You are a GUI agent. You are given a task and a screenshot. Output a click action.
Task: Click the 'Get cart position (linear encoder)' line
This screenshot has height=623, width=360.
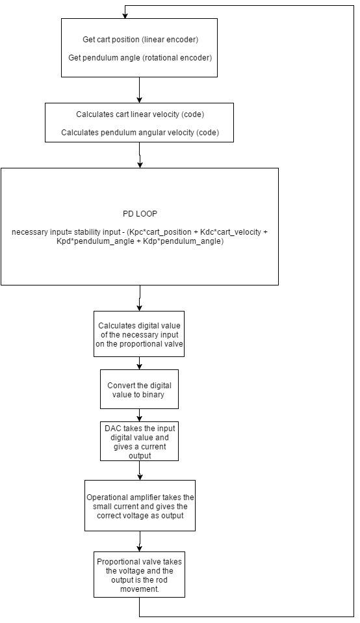(x=140, y=39)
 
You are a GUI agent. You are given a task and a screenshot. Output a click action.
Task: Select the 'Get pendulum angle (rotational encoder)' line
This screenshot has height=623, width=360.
(x=140, y=58)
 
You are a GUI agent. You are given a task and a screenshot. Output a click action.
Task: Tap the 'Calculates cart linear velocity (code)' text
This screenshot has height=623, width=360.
(x=140, y=114)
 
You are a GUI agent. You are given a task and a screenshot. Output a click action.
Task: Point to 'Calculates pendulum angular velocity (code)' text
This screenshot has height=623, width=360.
(x=140, y=133)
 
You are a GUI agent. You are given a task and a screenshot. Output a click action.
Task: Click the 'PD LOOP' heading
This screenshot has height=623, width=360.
(x=140, y=214)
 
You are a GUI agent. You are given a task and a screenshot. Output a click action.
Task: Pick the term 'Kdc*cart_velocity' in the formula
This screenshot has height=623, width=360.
(x=230, y=232)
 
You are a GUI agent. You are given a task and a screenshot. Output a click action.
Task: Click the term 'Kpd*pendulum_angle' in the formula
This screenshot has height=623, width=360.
(x=96, y=241)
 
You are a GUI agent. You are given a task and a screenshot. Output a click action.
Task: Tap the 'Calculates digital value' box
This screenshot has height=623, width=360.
(x=139, y=334)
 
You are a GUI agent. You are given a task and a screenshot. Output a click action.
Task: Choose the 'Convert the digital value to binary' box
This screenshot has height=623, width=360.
(x=139, y=390)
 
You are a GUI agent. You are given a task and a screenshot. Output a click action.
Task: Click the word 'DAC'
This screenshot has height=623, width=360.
(x=112, y=429)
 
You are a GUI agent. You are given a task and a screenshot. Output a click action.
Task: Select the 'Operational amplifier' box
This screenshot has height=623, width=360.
(x=140, y=506)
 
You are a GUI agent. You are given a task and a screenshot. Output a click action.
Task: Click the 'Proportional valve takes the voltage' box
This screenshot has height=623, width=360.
(x=139, y=574)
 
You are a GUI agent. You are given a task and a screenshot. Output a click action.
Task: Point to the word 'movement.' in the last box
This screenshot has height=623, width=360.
(x=140, y=589)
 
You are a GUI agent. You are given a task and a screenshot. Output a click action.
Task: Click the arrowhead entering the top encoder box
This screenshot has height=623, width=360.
(x=125, y=16)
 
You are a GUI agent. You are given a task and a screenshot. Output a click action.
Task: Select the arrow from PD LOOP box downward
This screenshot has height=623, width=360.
(x=140, y=298)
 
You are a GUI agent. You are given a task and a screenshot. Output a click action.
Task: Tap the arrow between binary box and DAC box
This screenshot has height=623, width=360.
(x=139, y=415)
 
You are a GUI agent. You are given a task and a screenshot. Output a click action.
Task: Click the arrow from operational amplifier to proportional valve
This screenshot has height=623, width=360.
(x=140, y=542)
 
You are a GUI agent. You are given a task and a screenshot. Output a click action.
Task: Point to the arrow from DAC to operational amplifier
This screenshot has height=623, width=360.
(x=140, y=471)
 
